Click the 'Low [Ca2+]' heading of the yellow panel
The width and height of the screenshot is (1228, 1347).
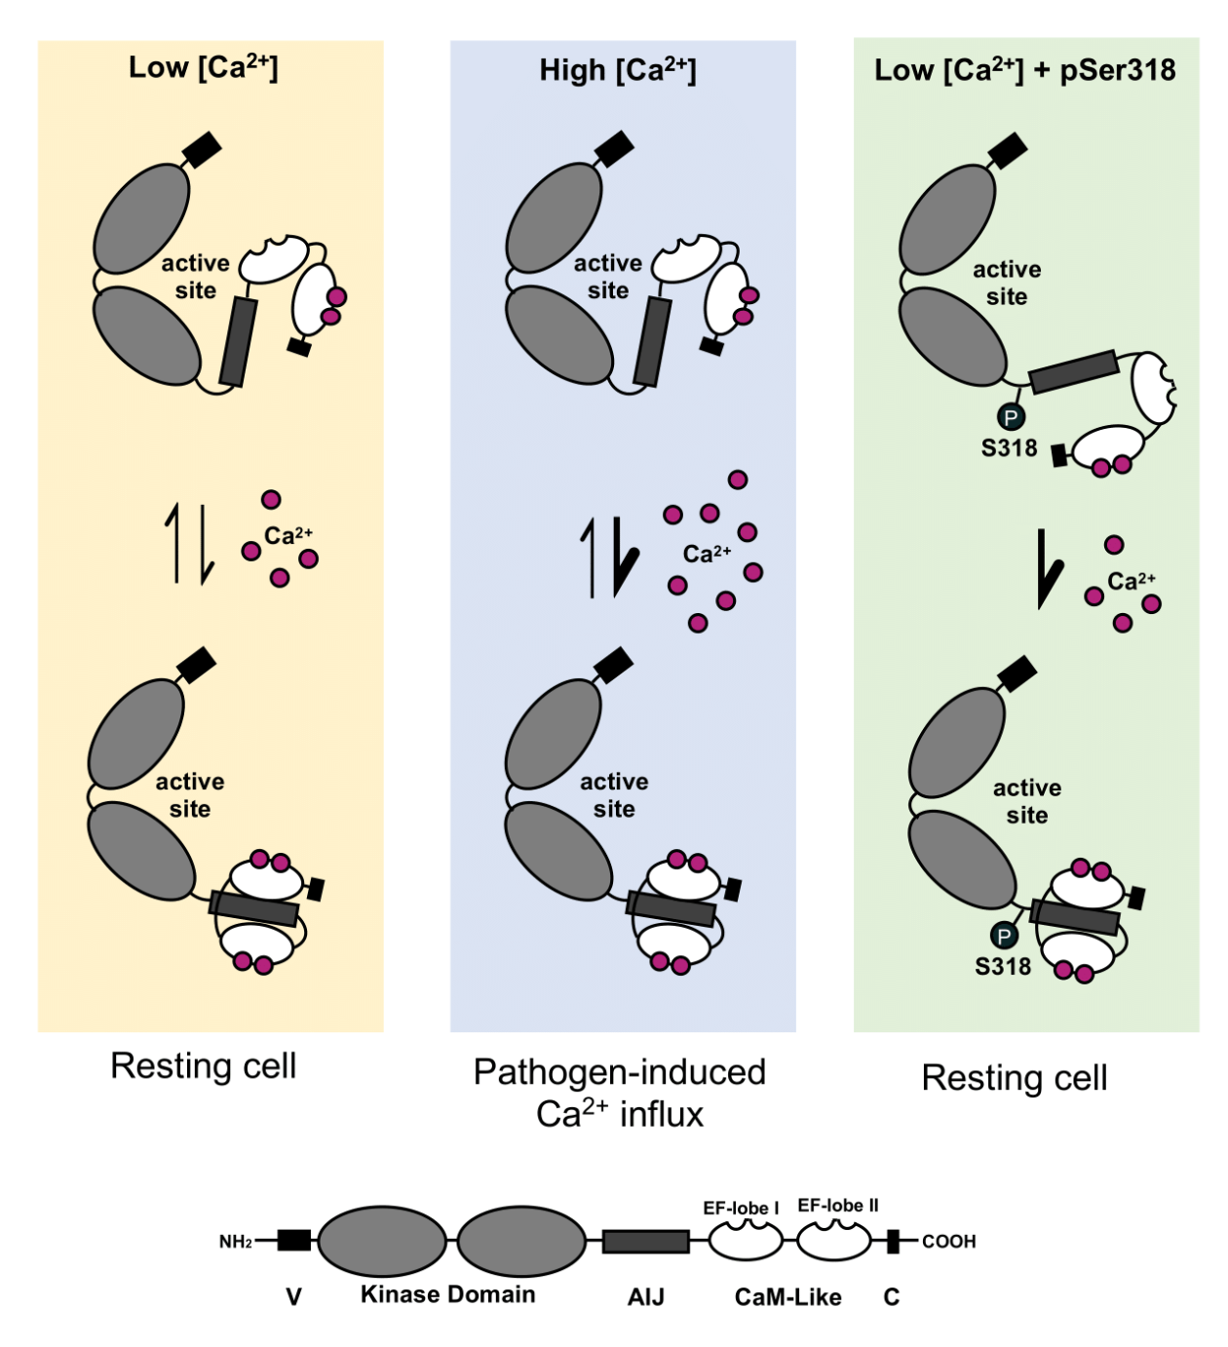point(203,67)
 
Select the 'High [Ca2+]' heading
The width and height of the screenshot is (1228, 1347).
point(618,70)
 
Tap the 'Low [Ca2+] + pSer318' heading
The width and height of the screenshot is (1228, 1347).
point(1024,70)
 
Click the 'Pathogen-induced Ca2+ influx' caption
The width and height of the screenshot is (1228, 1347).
point(620,1093)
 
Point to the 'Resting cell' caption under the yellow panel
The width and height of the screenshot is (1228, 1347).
point(203,1065)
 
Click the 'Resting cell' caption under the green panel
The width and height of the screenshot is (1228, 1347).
point(1015,1077)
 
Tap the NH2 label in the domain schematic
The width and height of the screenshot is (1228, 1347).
point(236,1242)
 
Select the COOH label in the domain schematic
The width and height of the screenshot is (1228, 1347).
point(948,1242)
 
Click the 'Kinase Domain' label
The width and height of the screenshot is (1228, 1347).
point(447,1294)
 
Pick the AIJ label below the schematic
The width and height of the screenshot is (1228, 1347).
point(645,1297)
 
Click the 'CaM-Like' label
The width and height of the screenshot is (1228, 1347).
point(787,1297)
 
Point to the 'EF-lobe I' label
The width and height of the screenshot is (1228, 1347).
point(741,1209)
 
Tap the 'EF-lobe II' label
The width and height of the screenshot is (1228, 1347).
point(837,1206)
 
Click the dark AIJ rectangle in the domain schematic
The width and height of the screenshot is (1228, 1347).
point(645,1241)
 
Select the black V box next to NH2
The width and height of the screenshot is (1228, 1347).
point(293,1240)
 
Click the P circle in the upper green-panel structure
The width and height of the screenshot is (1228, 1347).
point(1011,417)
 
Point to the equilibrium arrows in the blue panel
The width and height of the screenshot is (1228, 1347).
point(608,557)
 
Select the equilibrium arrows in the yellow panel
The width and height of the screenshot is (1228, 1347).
point(189,543)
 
